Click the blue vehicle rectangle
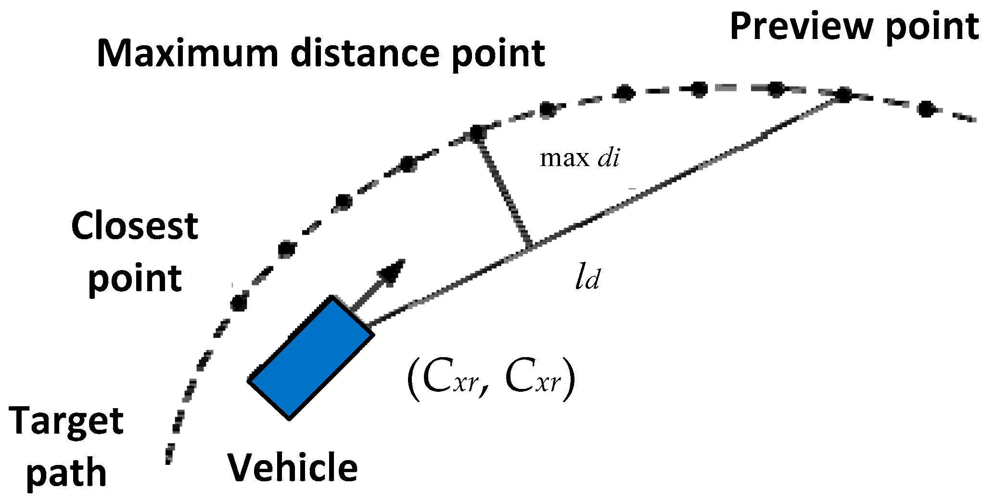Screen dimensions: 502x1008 point(311,358)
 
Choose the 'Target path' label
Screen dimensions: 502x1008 point(66,447)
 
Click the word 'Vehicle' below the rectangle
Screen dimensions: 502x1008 point(293,468)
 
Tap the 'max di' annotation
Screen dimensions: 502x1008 point(580,158)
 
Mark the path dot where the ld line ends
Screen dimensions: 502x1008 point(843,95)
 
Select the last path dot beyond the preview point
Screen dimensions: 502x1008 point(926,109)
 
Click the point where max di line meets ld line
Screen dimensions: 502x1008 point(530,247)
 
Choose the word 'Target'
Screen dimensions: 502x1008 point(66,422)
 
